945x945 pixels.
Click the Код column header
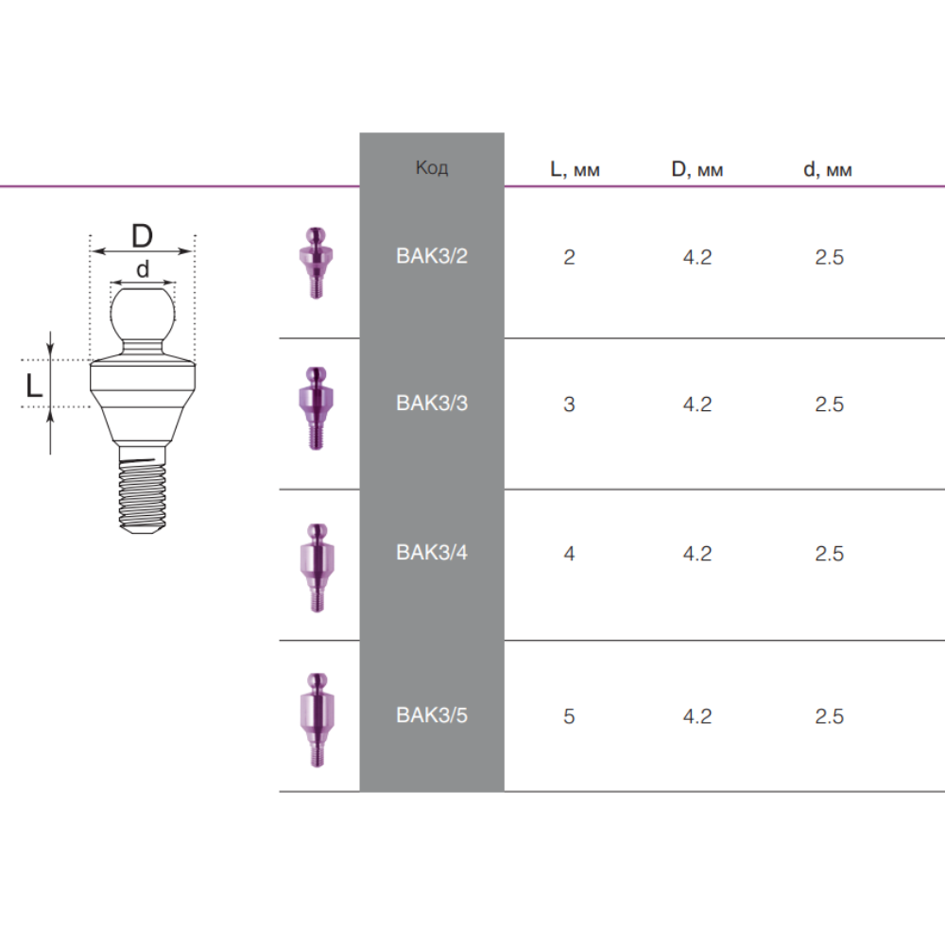coord(432,167)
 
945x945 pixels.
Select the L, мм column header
coord(575,169)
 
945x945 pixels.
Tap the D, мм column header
coord(696,169)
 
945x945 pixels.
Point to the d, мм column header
coord(828,169)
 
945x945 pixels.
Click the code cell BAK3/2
coord(432,256)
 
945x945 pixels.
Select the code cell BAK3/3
coord(432,404)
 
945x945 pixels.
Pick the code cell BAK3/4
coord(432,553)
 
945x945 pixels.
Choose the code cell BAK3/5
coord(432,715)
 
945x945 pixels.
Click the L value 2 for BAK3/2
coord(569,257)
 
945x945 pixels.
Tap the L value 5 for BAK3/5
coord(569,716)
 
